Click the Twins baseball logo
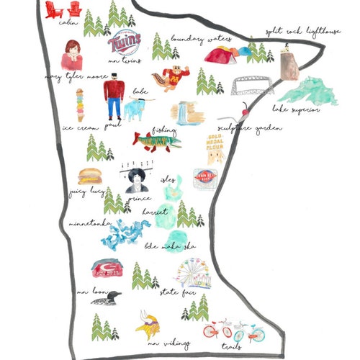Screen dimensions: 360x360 click(123, 43)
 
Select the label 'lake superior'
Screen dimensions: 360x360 click(294, 109)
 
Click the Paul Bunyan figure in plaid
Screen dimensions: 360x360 click(114, 96)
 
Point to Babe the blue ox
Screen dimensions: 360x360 click(135, 109)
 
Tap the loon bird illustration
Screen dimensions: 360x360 click(105, 297)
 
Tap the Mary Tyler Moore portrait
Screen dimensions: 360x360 click(72, 55)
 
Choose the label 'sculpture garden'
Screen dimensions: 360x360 click(249, 127)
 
